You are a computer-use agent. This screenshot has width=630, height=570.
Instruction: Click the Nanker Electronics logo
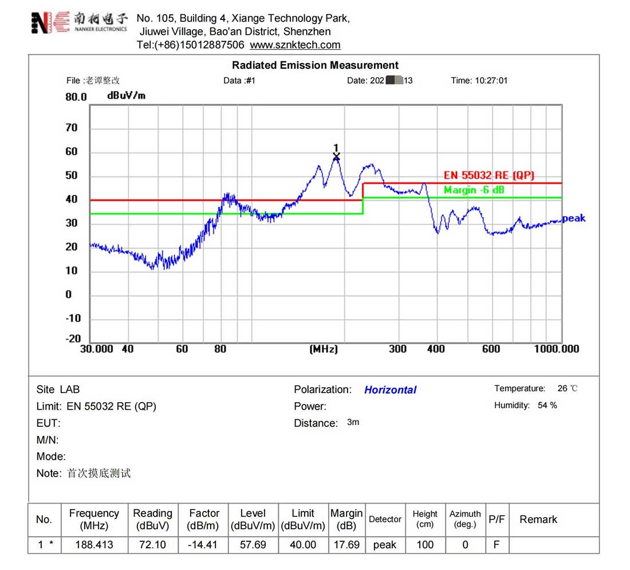[x=79, y=22]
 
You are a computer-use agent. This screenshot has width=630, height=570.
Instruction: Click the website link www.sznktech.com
[x=295, y=45]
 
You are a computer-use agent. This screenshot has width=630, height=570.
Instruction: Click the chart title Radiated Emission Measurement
[x=315, y=65]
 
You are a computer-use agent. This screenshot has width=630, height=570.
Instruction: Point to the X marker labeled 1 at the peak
[x=336, y=156]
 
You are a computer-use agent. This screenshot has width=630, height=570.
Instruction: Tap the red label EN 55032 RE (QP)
[x=489, y=176]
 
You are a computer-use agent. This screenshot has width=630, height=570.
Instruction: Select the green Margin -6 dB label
[x=474, y=190]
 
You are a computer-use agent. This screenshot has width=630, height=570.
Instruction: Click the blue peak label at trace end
[x=574, y=218]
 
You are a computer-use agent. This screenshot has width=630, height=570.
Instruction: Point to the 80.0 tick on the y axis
[x=76, y=97]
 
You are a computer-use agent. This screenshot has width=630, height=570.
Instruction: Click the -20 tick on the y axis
[x=73, y=339]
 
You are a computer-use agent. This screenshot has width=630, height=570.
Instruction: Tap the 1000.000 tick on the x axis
[x=557, y=349]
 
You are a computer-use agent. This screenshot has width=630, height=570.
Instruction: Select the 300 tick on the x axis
[x=397, y=349]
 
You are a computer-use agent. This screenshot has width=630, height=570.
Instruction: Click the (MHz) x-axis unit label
[x=324, y=349]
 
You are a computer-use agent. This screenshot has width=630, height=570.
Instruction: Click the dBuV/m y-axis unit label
[x=126, y=96]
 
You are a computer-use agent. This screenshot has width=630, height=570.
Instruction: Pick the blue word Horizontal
[x=390, y=390]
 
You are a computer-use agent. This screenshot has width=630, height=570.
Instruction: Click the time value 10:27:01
[x=491, y=81]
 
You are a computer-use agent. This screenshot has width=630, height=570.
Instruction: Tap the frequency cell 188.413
[x=94, y=545]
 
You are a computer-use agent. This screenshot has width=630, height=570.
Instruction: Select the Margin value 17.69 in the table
[x=346, y=545]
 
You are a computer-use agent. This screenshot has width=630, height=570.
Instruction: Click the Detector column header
[x=385, y=520]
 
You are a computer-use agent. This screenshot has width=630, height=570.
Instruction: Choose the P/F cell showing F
[x=496, y=545]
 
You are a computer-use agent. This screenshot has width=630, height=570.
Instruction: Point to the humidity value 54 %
[x=547, y=406]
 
